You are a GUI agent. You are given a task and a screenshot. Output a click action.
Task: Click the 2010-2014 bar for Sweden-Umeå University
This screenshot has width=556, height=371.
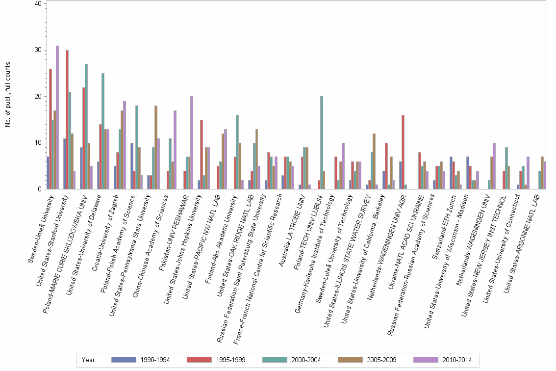click(x=57, y=117)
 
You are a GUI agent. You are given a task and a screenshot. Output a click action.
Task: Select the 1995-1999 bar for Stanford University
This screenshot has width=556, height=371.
click(x=67, y=120)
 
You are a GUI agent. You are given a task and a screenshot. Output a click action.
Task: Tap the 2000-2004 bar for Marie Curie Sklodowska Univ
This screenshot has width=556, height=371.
click(x=86, y=127)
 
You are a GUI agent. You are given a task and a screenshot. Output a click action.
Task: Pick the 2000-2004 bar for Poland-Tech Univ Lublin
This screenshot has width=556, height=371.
click(x=322, y=143)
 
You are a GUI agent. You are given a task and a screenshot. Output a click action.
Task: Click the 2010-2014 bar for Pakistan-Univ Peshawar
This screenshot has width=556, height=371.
click(x=191, y=143)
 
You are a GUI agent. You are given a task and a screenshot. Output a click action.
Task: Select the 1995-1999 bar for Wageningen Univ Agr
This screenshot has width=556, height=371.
click(x=403, y=152)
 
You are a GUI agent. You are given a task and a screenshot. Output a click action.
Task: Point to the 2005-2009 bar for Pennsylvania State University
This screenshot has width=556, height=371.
click(x=155, y=147)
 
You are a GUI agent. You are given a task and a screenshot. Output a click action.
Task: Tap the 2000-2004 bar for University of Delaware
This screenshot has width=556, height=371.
click(x=103, y=131)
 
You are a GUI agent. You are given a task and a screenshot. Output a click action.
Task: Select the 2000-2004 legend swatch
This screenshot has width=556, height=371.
click(x=277, y=360)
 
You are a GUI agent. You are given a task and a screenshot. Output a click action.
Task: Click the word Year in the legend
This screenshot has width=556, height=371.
click(x=88, y=360)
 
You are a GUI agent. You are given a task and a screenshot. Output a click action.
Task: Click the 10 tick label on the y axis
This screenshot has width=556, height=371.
click(x=39, y=143)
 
